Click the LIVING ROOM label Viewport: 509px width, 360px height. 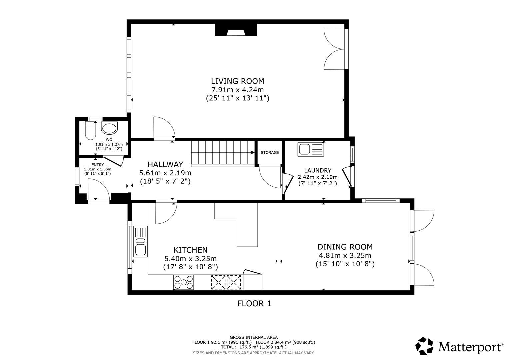pos(237,81)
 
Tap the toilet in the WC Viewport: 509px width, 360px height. pos(90,131)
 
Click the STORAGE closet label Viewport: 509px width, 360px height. pos(270,153)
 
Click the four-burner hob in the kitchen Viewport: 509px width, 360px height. pos(183,282)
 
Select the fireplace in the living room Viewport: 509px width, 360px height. pos(236,30)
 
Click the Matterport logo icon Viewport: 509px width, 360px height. pos(425,346)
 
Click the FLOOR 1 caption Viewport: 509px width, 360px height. pos(254,304)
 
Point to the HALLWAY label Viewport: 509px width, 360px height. pos(165,164)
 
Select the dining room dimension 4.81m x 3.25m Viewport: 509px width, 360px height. pos(345,256)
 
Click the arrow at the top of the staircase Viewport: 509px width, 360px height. pos(252,153)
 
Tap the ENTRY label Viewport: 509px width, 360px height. pos(97,165)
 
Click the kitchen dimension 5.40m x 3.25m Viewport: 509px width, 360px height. pos(190,259)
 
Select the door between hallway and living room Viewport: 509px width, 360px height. pos(163,128)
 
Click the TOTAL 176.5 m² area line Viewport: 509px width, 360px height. pos(253,347)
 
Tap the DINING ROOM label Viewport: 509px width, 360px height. pos(345,247)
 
